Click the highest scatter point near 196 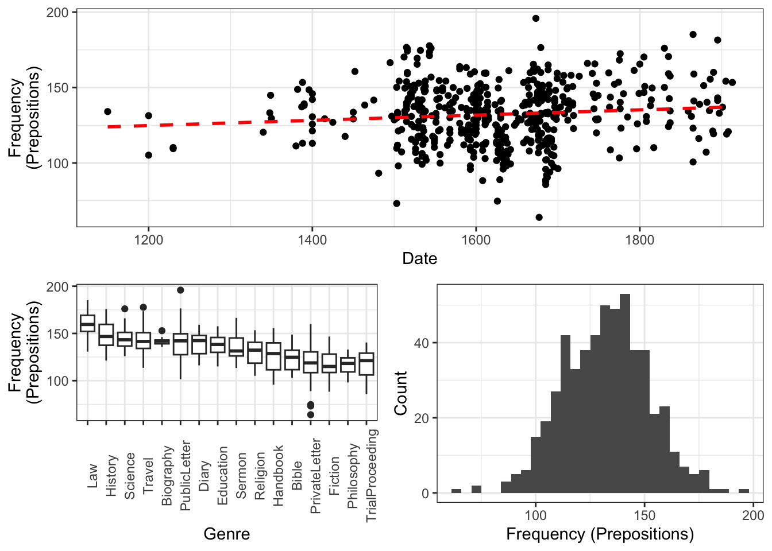(x=536, y=18)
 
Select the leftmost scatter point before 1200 (x=107, y=111)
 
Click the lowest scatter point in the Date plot (x=539, y=218)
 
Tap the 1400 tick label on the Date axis (x=312, y=239)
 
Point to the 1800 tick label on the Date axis (x=639, y=239)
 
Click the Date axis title (x=419, y=258)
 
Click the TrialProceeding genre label (x=372, y=475)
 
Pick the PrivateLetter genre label (x=315, y=476)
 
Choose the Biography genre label (x=167, y=476)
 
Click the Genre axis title (x=227, y=534)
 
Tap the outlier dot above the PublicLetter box (x=180, y=290)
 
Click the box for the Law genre (x=87, y=324)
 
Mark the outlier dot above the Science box (x=125, y=309)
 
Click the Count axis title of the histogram (x=400, y=393)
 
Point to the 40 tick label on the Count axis (x=422, y=343)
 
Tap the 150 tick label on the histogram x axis (x=644, y=515)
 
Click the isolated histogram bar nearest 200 (x=744, y=491)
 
